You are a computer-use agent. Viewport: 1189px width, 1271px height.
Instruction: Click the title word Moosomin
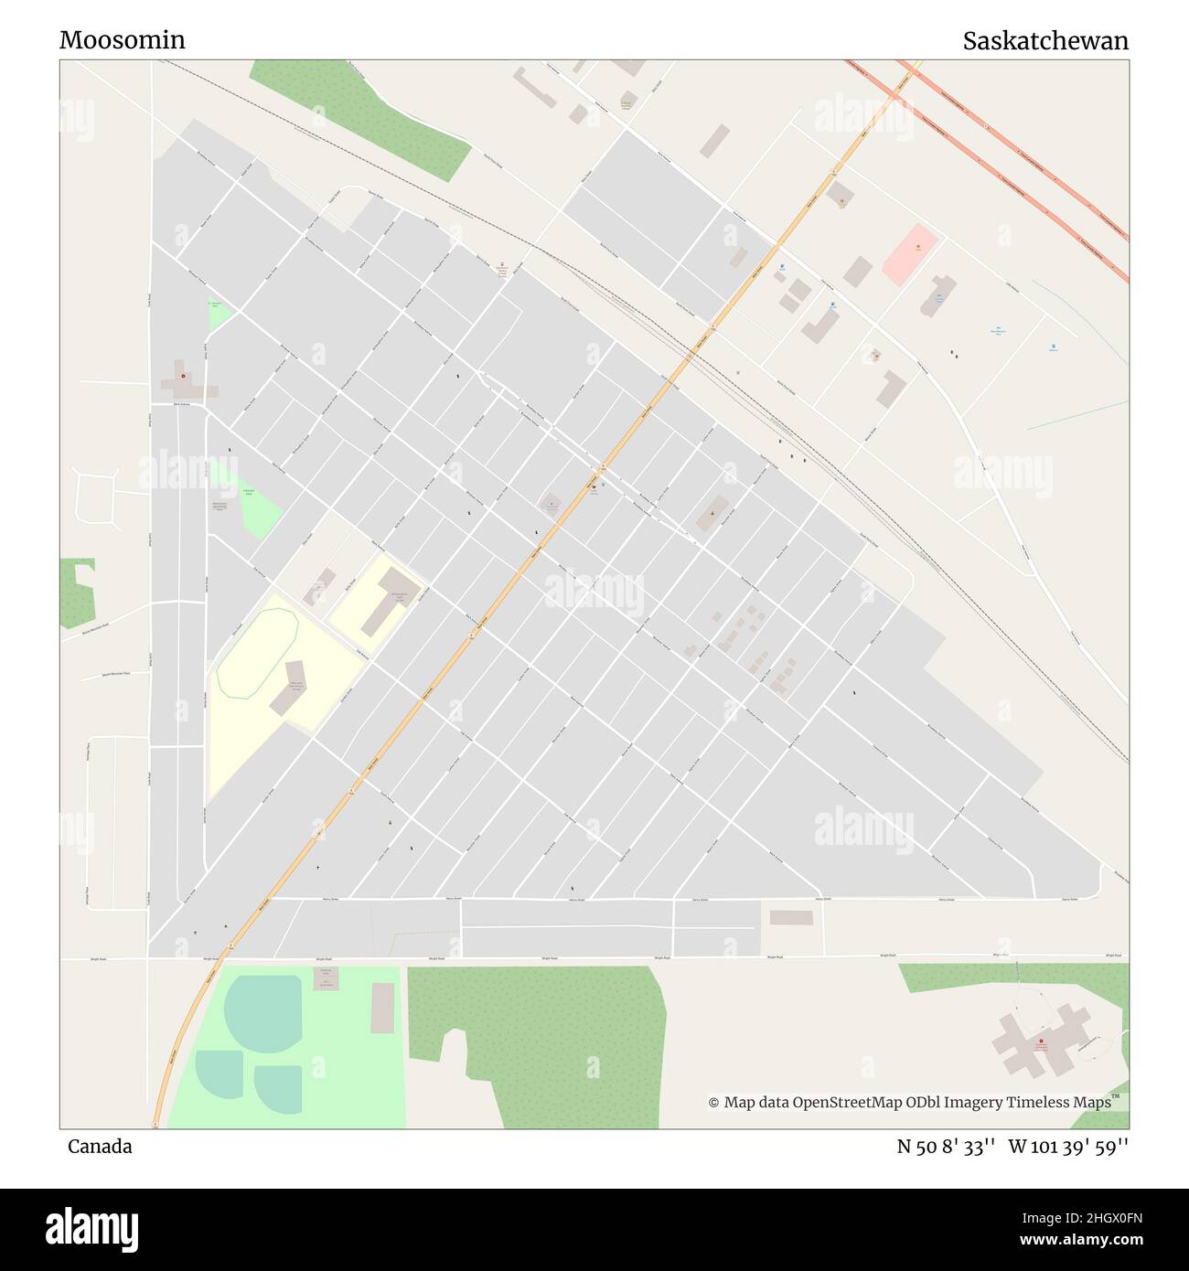[x=123, y=40]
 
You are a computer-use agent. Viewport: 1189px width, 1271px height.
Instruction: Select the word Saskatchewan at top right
[x=1044, y=41]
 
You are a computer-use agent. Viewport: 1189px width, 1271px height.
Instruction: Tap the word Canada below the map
[x=100, y=1147]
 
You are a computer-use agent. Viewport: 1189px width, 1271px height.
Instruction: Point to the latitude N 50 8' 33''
[x=946, y=1147]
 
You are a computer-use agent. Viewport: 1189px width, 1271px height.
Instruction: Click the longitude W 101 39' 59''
[x=1068, y=1147]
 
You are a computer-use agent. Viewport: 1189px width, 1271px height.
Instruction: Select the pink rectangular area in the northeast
[x=910, y=254]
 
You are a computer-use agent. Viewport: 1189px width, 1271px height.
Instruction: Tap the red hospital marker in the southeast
[x=1041, y=1041]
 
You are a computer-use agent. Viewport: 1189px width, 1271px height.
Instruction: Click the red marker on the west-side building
[x=183, y=376]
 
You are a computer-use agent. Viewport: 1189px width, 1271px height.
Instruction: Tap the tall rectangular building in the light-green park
[x=382, y=1008]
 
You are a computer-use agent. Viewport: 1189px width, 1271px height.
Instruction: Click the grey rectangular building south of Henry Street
[x=791, y=917]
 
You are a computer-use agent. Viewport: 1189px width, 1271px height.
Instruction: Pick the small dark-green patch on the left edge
[x=78, y=593]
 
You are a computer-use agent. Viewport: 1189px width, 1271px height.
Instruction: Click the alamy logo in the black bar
[x=91, y=1228]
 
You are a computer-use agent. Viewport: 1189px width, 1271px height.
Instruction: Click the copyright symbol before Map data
[x=713, y=1103]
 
